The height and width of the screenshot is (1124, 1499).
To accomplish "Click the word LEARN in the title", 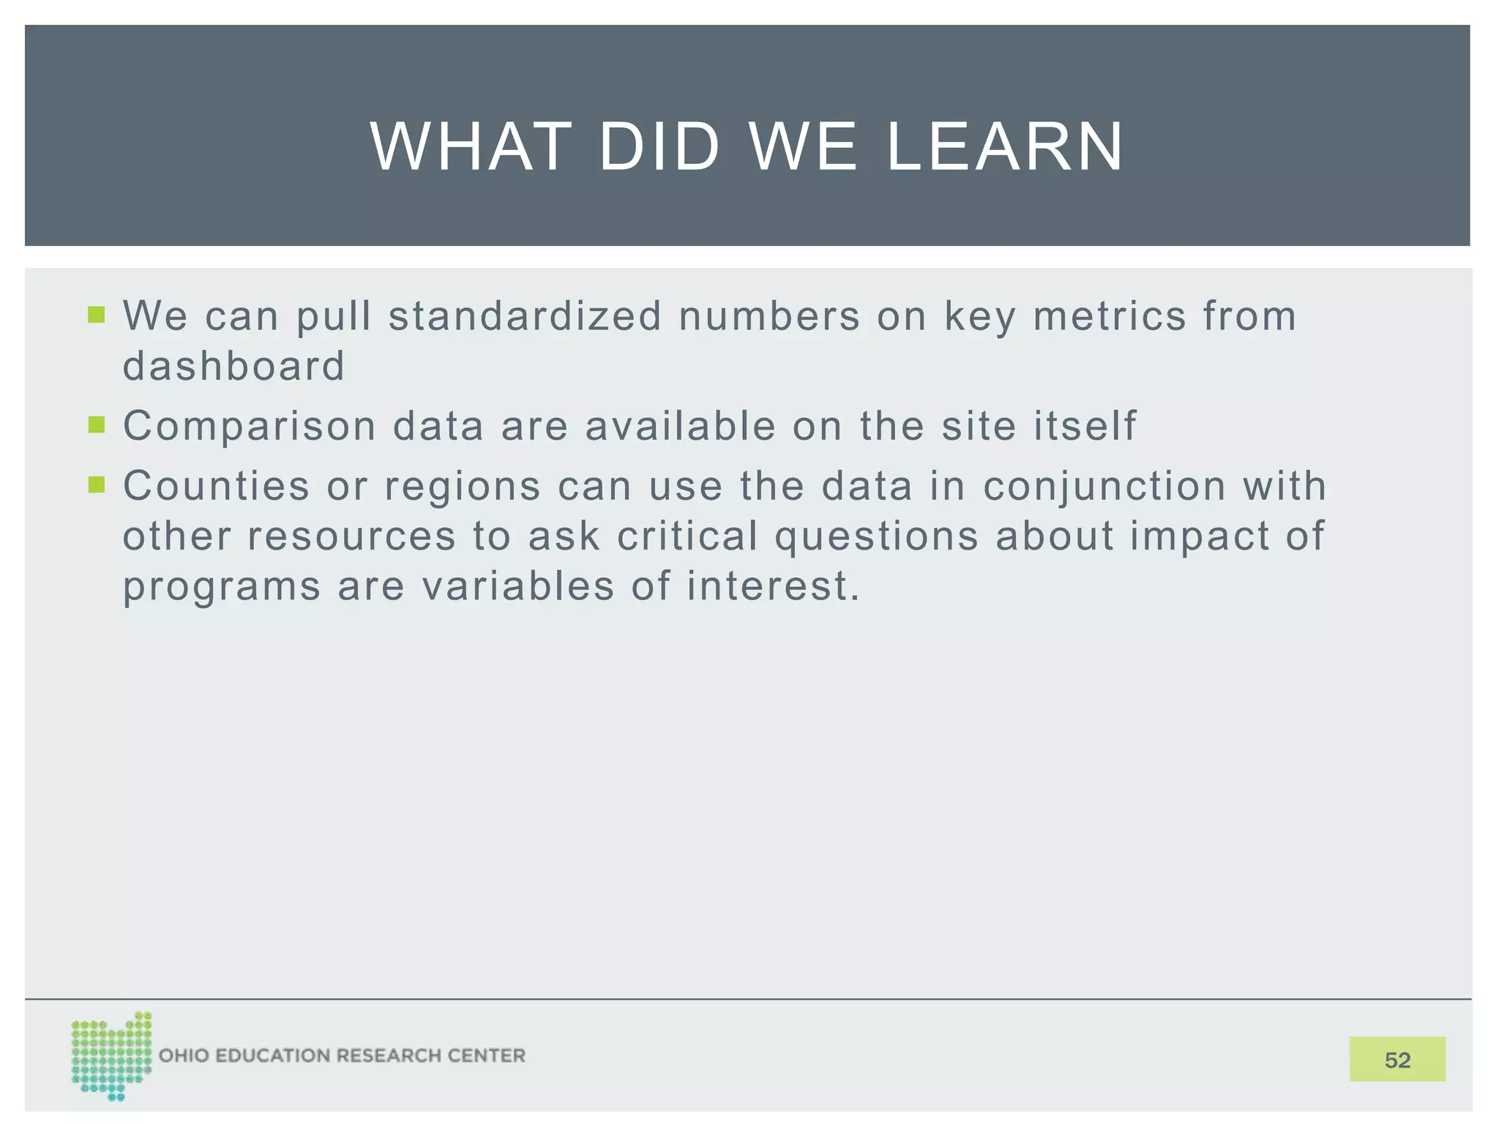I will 1004,147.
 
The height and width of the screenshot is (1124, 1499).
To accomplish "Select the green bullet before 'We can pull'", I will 97,315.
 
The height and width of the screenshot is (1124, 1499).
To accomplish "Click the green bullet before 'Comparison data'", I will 97,424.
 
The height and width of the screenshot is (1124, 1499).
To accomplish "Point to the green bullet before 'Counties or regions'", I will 97,484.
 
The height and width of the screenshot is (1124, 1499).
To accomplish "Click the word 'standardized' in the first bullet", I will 524,316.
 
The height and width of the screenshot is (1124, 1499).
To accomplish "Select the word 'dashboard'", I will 233,366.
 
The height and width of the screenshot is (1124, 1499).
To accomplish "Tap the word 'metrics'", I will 1109,316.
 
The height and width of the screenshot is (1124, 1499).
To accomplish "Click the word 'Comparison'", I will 249,427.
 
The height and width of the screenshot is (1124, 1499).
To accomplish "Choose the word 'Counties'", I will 216,486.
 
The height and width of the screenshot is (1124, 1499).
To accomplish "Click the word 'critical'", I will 687,536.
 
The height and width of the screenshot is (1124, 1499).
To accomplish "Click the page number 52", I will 1397,1060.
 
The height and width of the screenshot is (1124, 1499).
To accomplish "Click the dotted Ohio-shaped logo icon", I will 111,1055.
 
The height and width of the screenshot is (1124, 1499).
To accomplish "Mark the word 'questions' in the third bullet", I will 876,537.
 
